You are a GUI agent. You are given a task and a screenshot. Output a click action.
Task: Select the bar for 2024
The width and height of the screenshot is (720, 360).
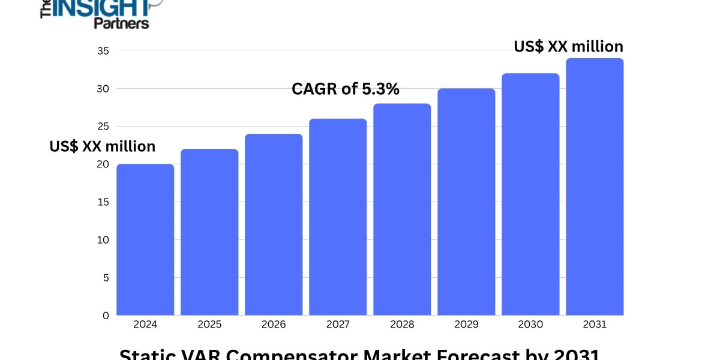145,240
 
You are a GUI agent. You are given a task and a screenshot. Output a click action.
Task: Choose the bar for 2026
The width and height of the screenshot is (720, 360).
274,225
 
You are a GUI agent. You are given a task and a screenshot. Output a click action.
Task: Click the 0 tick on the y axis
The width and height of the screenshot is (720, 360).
106,315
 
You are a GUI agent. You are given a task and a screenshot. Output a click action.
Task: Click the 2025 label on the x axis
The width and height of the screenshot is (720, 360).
209,325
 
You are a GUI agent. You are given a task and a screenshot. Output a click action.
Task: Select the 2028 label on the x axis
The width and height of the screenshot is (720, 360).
402,325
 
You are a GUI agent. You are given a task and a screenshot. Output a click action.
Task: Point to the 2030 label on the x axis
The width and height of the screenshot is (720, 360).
530,325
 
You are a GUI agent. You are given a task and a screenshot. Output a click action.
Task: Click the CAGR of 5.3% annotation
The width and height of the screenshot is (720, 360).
346,89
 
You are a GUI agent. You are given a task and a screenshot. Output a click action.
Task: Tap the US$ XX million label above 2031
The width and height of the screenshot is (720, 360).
568,46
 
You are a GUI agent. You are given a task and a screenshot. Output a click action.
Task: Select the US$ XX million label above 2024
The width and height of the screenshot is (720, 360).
103,146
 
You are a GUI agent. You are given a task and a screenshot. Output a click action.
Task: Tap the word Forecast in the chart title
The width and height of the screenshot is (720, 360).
470,354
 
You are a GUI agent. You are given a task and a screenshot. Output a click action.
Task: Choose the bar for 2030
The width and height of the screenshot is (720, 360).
530,194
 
